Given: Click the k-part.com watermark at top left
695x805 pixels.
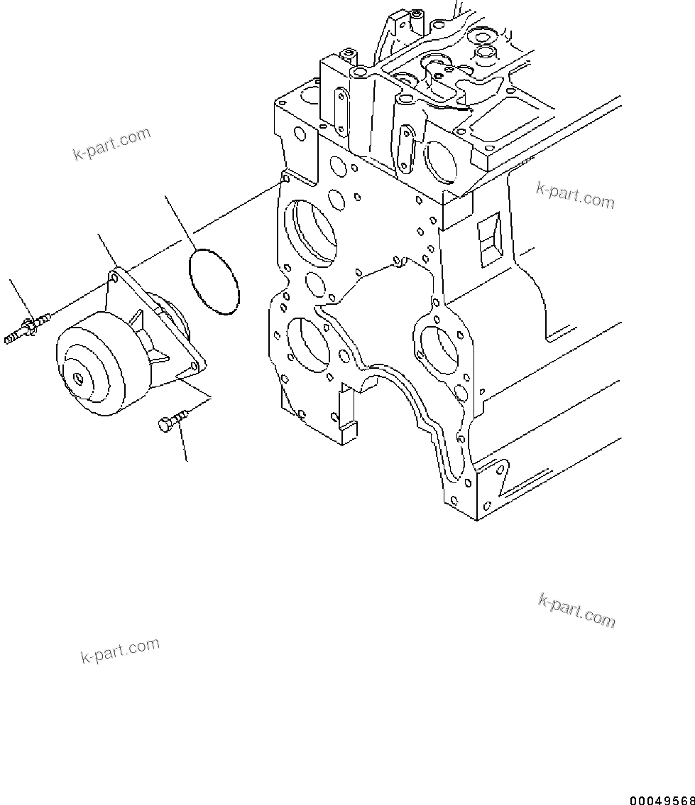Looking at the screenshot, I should pos(111,144).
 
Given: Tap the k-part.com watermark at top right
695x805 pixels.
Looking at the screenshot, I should pos(575,196).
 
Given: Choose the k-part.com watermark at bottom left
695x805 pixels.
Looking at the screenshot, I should pos(119,650).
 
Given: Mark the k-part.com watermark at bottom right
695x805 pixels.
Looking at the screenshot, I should pos(576,610).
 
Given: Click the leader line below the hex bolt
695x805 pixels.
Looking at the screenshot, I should pos(185,444).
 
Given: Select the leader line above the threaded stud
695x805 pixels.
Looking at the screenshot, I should pos(19,298).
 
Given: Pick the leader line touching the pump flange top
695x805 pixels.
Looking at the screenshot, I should pos(106,249).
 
